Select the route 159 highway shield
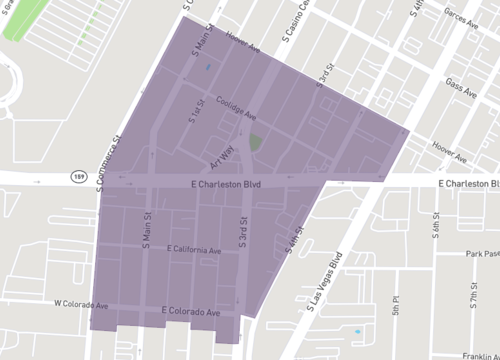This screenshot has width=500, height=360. [x=78, y=176]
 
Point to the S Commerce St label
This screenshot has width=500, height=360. [x=109, y=161]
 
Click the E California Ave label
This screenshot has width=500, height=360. [x=195, y=249]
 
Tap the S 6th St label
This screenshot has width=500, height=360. [x=436, y=228]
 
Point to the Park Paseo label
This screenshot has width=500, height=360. [x=479, y=255]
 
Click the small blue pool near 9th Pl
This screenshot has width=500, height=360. [x=357, y=330]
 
